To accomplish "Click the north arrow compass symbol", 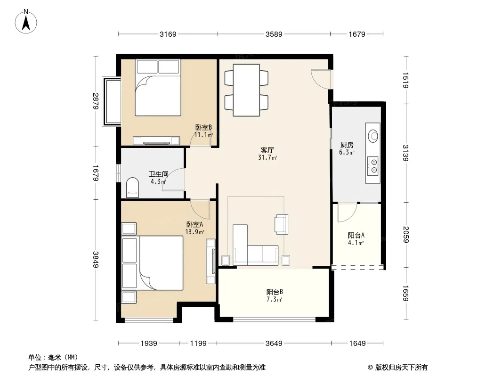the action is point(26,22).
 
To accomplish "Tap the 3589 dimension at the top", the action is point(274,34).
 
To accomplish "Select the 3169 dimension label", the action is point(168,34).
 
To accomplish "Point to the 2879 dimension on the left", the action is point(96,101).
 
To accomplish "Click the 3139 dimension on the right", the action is point(405,153).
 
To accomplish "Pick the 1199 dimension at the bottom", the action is point(198,344).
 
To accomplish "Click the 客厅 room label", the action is point(267,150).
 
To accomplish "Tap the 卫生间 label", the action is point(159,174).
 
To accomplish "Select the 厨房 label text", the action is point(347,145).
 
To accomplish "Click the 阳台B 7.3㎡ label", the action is point(275,295).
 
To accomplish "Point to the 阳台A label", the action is point(356,236).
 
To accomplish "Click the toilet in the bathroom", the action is point(132,188).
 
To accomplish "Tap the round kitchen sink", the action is point(373,136).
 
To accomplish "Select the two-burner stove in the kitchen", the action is point(372,166).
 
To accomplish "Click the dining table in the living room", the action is point(246,90).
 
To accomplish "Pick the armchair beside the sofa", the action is point(282,224).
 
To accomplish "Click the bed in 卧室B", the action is point(158,88).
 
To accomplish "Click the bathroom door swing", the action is point(174,180).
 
